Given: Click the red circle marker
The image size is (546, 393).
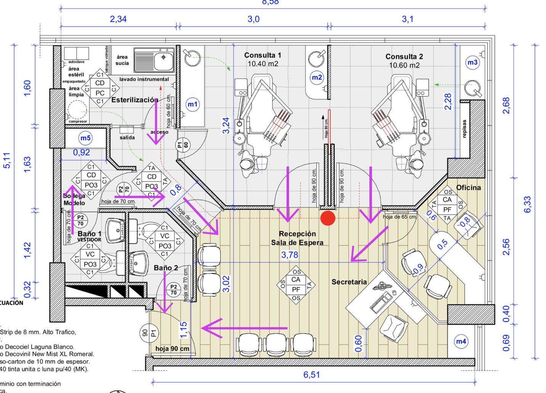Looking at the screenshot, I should click(328, 218).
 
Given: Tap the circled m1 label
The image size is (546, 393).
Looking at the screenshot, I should click(193, 104).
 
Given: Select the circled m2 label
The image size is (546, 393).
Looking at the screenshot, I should click(317, 78).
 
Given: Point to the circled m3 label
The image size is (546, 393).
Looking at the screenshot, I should click(472, 63).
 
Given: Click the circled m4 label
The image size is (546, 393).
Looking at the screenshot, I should click(461, 341).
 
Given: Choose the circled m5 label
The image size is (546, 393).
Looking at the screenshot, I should click(85, 138).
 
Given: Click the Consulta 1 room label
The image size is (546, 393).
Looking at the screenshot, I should click(263, 55).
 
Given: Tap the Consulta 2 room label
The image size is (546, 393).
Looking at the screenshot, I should click(404, 57).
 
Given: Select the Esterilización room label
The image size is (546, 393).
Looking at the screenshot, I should click(135, 100).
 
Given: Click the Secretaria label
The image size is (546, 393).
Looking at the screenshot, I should click(349, 282).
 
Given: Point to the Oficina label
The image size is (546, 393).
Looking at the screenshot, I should click(468, 188).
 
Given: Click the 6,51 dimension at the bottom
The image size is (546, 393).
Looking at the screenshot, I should click(312, 375).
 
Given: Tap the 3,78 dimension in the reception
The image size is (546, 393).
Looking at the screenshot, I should click(290, 255).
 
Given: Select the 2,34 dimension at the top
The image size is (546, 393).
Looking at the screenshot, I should click(118, 19).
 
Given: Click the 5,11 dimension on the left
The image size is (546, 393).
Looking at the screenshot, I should click(7, 160).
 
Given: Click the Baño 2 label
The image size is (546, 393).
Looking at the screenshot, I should click(165, 268).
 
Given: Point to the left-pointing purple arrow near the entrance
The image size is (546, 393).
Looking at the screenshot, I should click(244, 328).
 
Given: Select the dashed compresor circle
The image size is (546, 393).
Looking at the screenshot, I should click(77, 110).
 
